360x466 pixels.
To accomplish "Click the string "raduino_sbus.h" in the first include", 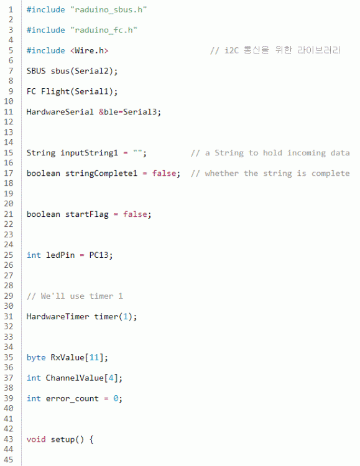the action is tap(109, 10).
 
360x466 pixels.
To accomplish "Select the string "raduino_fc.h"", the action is tap(104, 30).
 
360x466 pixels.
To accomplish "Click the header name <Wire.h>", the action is tap(90, 50).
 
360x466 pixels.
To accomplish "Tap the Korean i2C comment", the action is tap(275, 50).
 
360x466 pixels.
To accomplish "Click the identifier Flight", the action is tap(55, 91).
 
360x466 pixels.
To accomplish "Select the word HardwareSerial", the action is tap(60, 112).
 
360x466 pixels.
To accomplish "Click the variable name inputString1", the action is tap(89, 153).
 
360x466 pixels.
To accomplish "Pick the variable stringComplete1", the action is tap(101, 173).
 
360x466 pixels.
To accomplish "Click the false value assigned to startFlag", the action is tap(135, 214).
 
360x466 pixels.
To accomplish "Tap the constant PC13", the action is tap(99, 255).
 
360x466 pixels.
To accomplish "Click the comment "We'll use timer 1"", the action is tap(75, 296).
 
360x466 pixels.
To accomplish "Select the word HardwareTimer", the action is tap(57, 316).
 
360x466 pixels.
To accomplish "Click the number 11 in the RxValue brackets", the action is tap(94, 357).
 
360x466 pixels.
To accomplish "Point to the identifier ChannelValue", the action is tap(75, 378).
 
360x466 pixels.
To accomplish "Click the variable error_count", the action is tap(72, 398).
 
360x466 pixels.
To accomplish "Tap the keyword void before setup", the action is tap(36, 439).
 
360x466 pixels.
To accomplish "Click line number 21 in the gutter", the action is tap(9, 214).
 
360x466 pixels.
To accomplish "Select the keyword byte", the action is tap(36, 357).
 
